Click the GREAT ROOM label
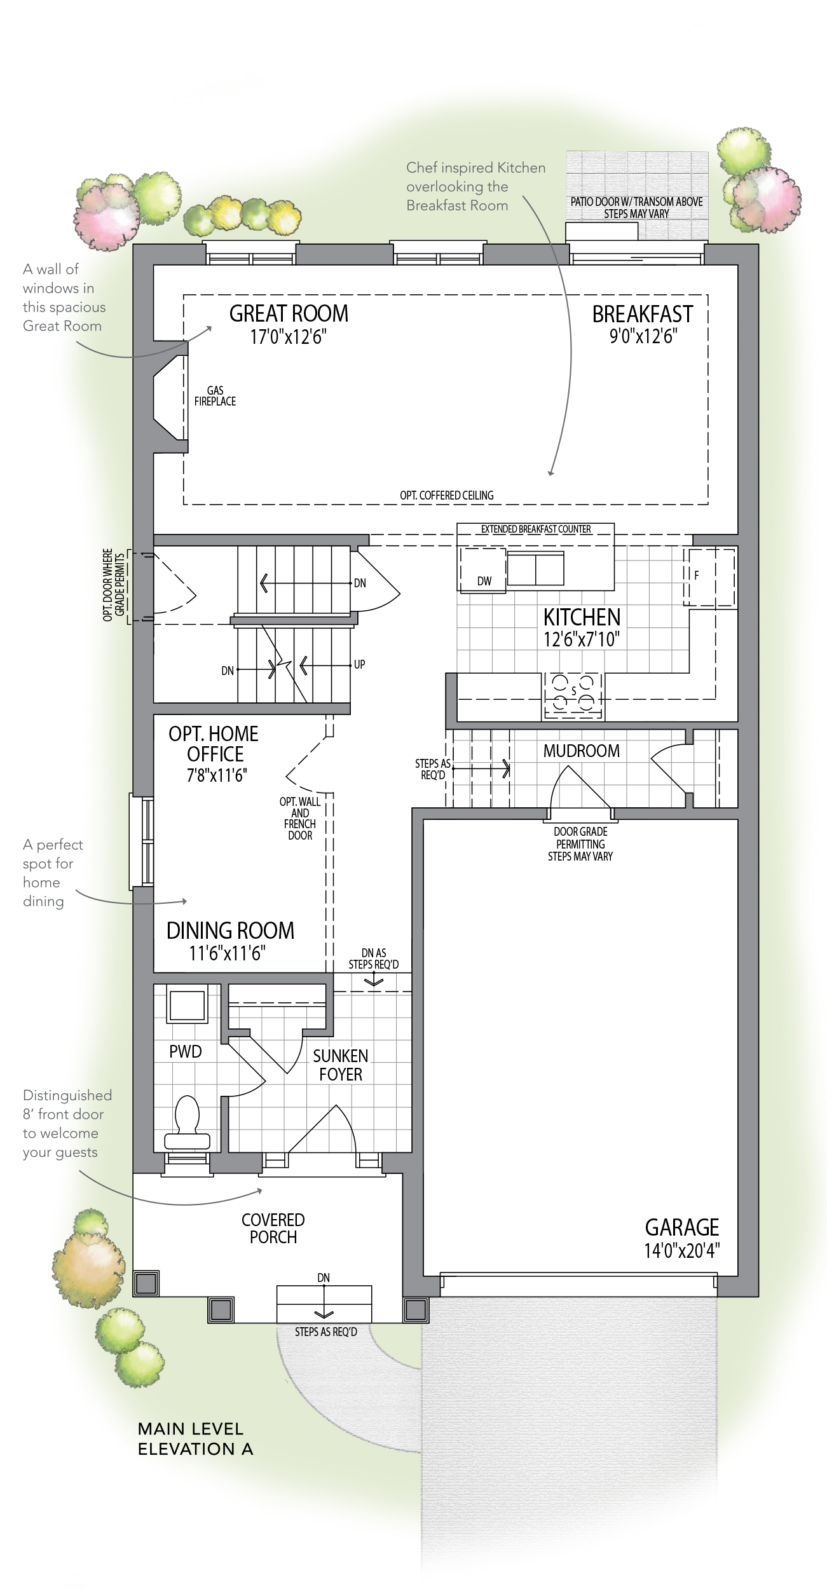(x=289, y=313)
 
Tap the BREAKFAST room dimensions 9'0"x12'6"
(x=643, y=336)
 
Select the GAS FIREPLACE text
(x=215, y=396)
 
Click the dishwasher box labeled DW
(x=483, y=569)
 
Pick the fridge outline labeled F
(x=709, y=578)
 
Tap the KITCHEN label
(x=582, y=617)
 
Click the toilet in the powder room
(x=187, y=1124)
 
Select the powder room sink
(x=187, y=1005)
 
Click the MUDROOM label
(x=581, y=751)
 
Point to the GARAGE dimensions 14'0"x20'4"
(x=681, y=1250)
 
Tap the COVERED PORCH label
(x=273, y=1228)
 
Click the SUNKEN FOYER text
(x=341, y=1065)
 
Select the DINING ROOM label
(x=230, y=931)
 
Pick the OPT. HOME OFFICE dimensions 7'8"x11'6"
(x=217, y=775)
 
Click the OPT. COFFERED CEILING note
(x=446, y=495)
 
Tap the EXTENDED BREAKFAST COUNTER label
(x=536, y=529)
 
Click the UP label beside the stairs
(x=359, y=664)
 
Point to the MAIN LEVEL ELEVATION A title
(x=195, y=1439)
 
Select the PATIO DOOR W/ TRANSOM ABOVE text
(x=636, y=201)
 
